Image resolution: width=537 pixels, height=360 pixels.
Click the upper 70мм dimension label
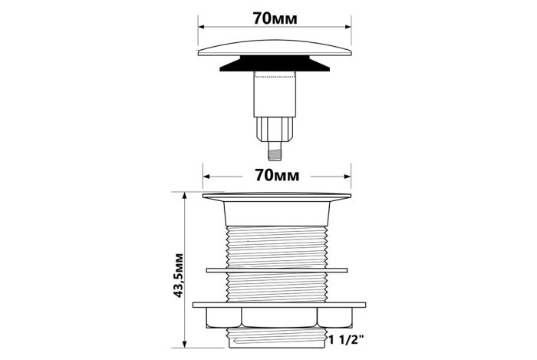click(275, 18)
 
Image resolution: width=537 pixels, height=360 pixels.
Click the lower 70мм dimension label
click(277, 175)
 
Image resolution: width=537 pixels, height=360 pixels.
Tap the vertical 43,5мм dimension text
click(179, 276)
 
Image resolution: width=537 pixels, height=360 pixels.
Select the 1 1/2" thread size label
click(346, 340)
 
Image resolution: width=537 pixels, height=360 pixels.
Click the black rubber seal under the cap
click(275, 64)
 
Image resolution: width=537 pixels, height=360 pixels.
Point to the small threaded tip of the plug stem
click(275, 151)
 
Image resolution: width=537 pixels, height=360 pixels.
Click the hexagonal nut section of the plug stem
click(275, 129)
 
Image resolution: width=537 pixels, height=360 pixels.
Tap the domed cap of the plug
click(275, 48)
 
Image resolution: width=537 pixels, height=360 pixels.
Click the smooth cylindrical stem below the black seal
click(275, 94)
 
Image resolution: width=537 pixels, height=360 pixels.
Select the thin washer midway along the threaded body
click(277, 270)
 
